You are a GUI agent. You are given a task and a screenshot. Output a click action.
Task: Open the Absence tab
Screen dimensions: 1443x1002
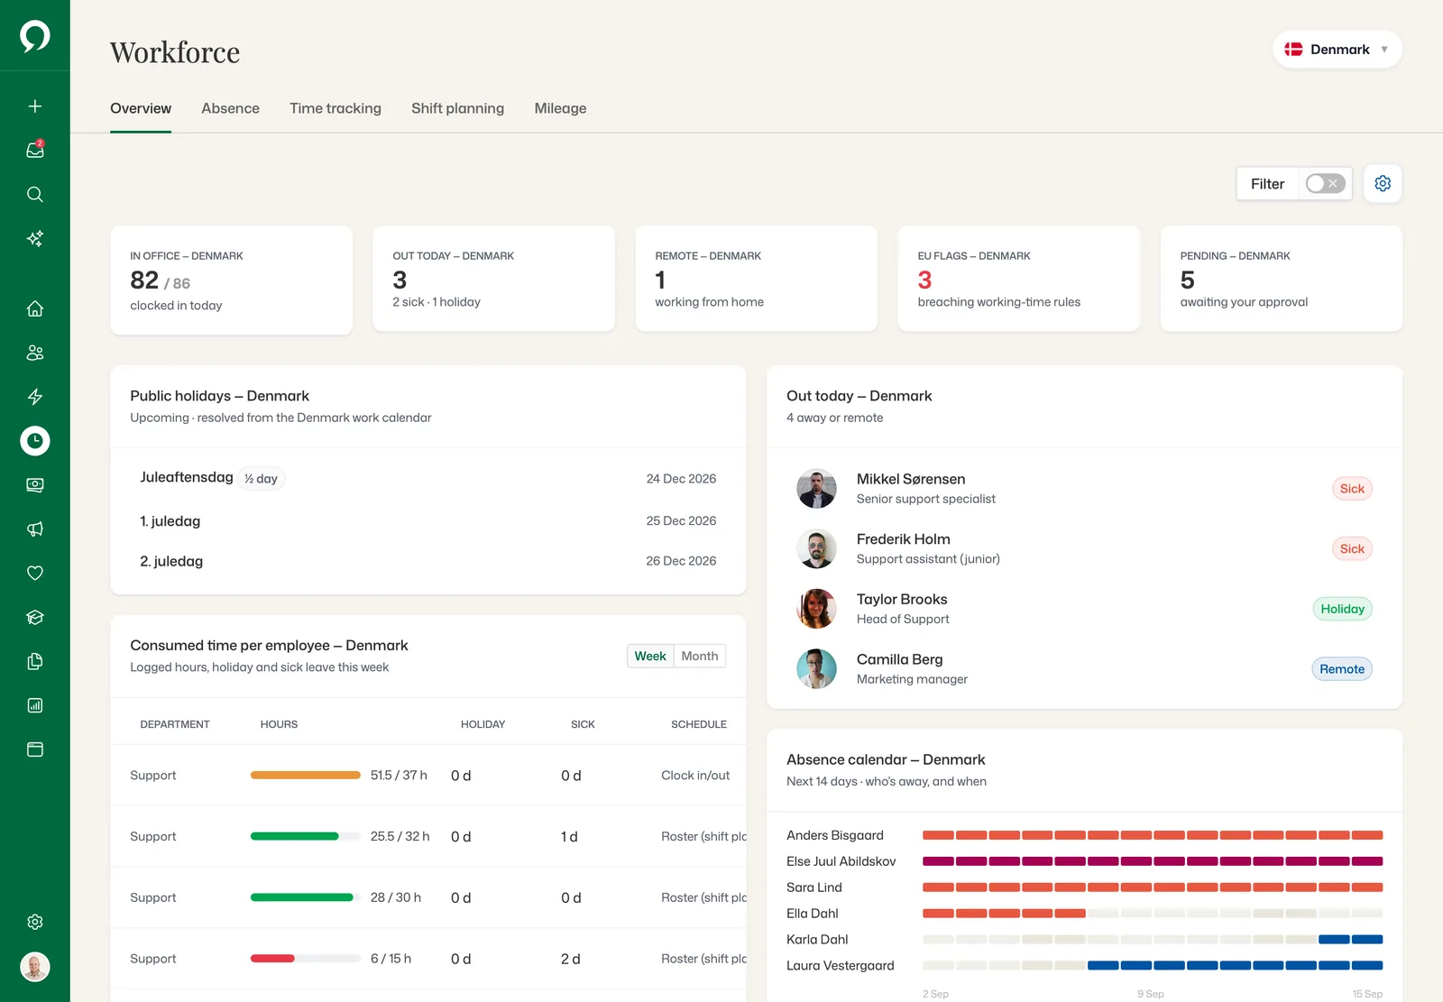pyautogui.click(x=230, y=108)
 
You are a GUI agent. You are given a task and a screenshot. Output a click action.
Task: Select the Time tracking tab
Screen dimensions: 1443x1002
pyautogui.click(x=335, y=108)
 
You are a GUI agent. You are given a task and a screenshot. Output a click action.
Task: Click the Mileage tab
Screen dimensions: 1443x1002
pyautogui.click(x=560, y=108)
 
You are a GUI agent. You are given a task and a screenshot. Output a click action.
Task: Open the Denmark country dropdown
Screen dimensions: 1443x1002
pyautogui.click(x=1337, y=50)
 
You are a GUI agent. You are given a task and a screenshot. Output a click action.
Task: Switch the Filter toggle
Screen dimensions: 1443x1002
pyautogui.click(x=1325, y=184)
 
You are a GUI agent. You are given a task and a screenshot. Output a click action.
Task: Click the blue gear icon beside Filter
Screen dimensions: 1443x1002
pyautogui.click(x=1383, y=184)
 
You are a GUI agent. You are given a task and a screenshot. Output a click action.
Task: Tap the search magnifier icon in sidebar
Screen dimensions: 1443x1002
pyautogui.click(x=35, y=195)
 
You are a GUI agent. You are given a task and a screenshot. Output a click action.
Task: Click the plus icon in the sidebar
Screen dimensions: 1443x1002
pyautogui.click(x=35, y=106)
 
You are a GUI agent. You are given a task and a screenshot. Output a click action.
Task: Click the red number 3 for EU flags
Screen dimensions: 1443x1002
pyautogui.click(x=924, y=280)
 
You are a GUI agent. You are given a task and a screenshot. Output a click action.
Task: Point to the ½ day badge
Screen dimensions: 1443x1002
pyautogui.click(x=261, y=479)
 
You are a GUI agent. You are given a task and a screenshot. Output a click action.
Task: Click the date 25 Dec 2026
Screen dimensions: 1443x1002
pyautogui.click(x=681, y=520)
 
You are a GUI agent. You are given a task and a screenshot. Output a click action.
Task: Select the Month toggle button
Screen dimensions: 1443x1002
pyautogui.click(x=700, y=656)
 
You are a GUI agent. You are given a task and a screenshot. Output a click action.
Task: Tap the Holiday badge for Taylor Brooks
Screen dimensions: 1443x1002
pyautogui.click(x=1343, y=609)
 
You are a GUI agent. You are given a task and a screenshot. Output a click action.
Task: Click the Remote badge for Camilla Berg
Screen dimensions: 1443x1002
pyautogui.click(x=1342, y=669)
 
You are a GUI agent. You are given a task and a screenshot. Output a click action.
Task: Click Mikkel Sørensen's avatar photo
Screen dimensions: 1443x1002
pyautogui.click(x=816, y=489)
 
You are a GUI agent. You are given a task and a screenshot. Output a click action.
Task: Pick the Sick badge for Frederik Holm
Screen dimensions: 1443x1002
pyautogui.click(x=1352, y=548)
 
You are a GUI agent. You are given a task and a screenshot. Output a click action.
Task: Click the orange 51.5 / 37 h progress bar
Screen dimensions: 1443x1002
pyautogui.click(x=306, y=776)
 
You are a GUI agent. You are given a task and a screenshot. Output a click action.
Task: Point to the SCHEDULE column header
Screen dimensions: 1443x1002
pyautogui.click(x=699, y=724)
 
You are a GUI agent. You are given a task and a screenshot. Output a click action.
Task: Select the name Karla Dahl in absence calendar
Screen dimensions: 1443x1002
pyautogui.click(x=817, y=940)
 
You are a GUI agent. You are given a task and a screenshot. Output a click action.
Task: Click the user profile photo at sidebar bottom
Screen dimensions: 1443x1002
pyautogui.click(x=35, y=967)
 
